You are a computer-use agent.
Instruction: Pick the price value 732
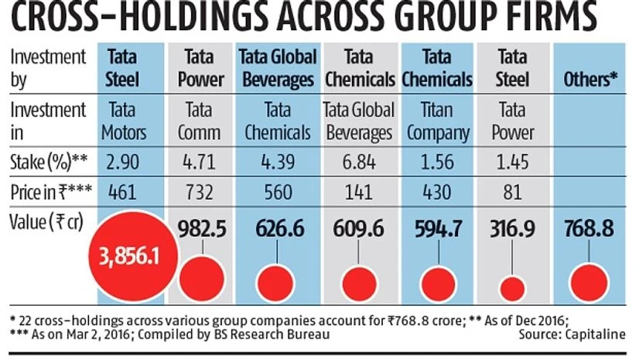coord(204,192)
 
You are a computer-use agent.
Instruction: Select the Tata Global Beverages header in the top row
coord(277,68)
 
